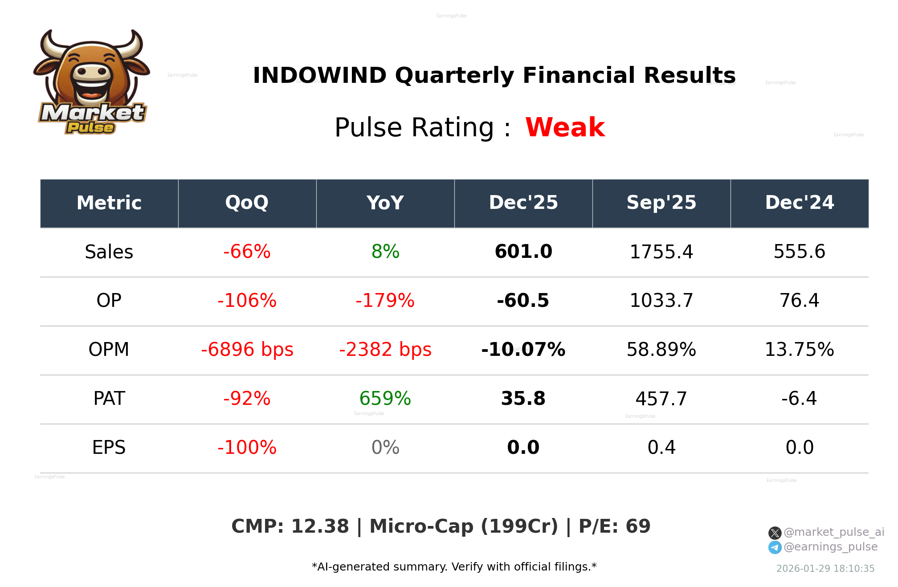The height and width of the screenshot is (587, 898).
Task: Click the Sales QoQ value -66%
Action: coord(247,252)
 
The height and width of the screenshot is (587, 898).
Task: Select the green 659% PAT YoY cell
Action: coord(385,399)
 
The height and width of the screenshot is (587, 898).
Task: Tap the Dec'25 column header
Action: coord(523,203)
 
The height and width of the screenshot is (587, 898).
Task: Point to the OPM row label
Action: coord(109,350)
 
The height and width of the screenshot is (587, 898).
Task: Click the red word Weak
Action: coord(565,127)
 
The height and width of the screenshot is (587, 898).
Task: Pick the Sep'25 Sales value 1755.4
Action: coord(661,252)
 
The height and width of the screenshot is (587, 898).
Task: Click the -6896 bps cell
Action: coord(247,350)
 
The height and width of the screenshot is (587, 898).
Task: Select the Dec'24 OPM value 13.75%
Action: coord(799,350)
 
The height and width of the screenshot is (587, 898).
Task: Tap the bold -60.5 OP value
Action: coord(523,301)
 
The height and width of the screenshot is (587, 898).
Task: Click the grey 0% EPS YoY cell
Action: coord(385,448)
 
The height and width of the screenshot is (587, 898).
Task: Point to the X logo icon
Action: coord(775,533)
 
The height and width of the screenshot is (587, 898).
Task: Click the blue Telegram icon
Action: coord(775,547)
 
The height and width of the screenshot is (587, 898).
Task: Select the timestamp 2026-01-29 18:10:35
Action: coord(825,569)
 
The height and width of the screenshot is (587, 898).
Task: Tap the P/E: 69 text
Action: coord(614,526)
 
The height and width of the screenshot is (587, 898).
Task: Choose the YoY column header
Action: coord(385,203)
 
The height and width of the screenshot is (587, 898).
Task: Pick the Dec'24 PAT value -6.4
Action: coord(799,399)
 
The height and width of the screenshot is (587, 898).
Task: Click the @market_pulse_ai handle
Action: coord(833,532)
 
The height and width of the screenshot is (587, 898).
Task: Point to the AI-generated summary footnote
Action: coord(454,567)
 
